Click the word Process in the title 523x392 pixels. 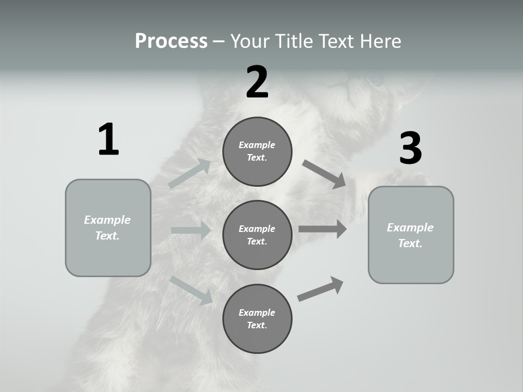tap(171, 41)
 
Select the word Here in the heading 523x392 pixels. tap(380, 41)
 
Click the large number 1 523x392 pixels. tap(108, 140)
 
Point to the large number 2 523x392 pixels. tap(257, 82)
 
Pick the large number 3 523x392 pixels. tap(410, 149)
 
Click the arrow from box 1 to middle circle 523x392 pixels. tap(191, 230)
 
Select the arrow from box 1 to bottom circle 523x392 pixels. tap(191, 290)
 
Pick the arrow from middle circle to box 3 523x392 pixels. tap(323, 229)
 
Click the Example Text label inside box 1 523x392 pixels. tap(107, 228)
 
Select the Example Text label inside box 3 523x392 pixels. tap(410, 235)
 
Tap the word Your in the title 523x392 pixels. tap(251, 41)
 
